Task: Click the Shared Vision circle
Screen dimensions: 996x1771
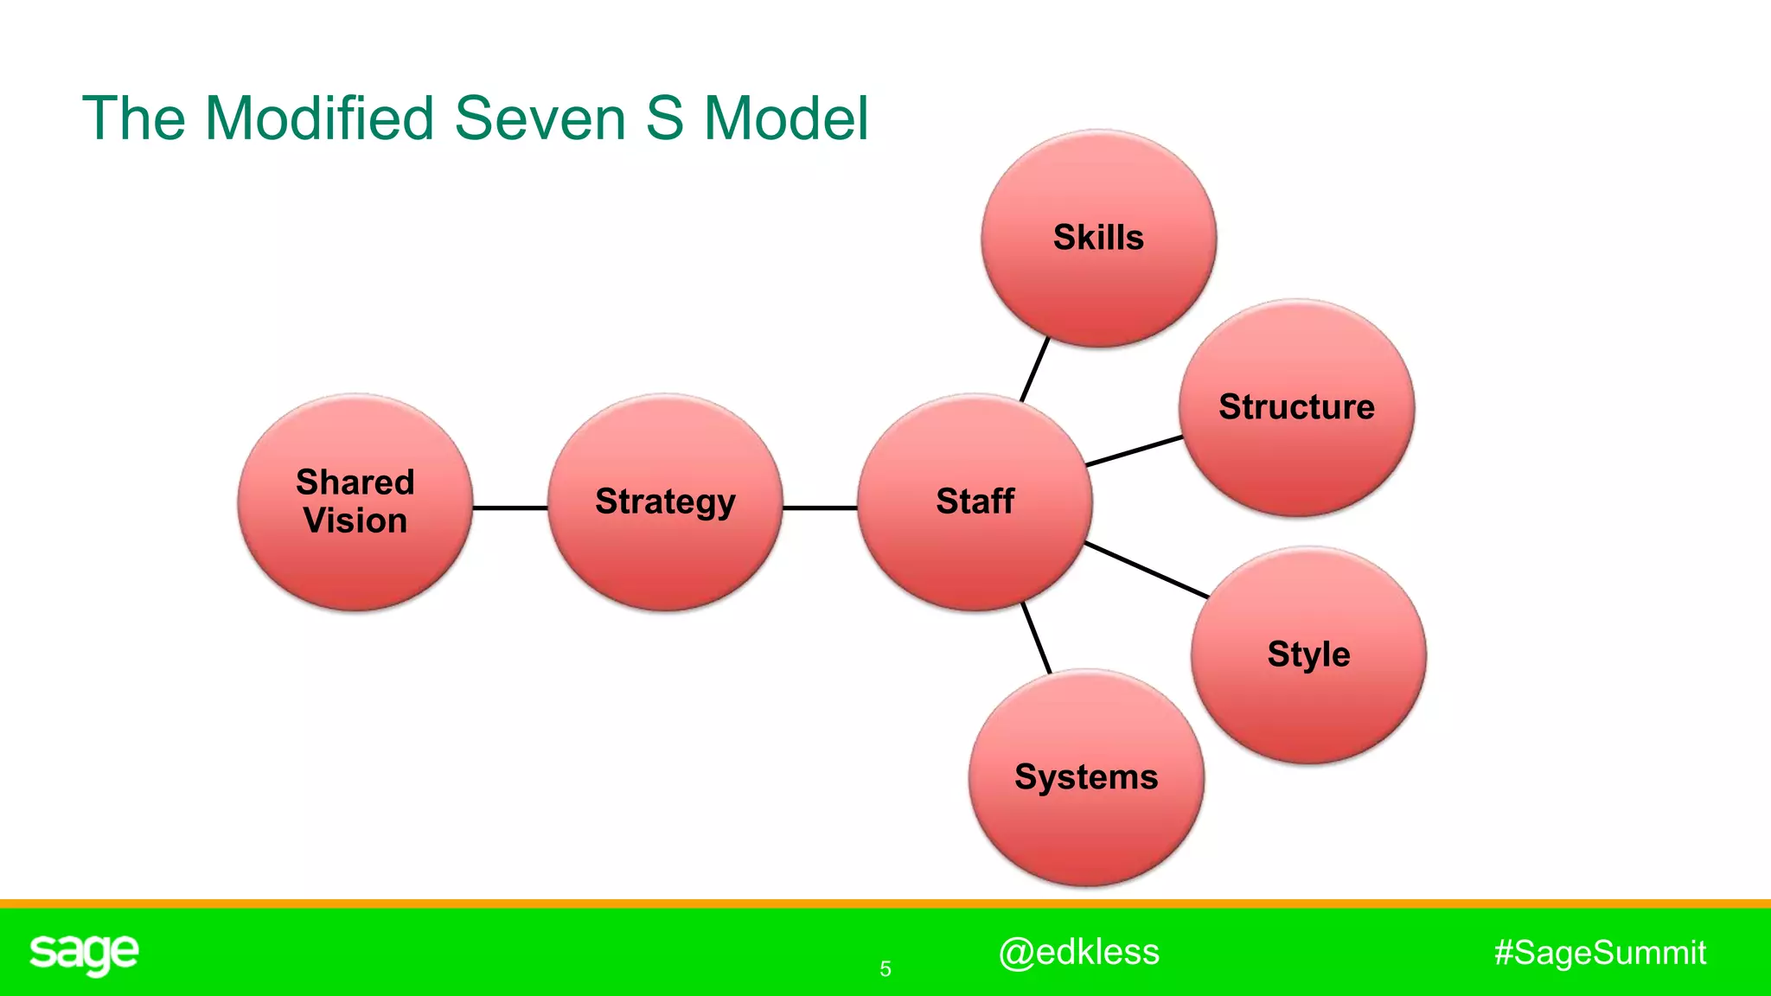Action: click(x=355, y=502)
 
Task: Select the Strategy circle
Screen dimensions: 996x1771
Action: click(x=665, y=502)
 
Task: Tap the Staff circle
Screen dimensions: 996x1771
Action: click(x=975, y=502)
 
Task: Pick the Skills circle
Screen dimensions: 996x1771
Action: click(x=1098, y=238)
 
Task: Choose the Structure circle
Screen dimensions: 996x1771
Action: click(x=1296, y=407)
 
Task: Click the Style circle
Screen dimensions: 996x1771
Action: click(x=1308, y=654)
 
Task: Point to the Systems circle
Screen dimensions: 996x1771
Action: click(x=1086, y=777)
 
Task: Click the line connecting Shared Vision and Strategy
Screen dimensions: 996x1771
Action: click(x=510, y=508)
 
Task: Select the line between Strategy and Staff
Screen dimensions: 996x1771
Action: click(x=820, y=508)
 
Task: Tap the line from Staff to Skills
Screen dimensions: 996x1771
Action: click(x=1035, y=369)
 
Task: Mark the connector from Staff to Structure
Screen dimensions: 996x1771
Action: click(x=1134, y=451)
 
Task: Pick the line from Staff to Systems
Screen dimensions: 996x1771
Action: click(x=1036, y=638)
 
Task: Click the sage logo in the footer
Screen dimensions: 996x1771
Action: click(x=84, y=954)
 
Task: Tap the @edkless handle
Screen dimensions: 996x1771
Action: click(x=1078, y=952)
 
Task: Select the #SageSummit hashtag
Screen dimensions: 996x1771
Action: click(x=1600, y=953)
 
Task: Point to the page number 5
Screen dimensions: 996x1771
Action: click(x=885, y=969)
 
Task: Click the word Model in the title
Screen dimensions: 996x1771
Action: click(x=785, y=118)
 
